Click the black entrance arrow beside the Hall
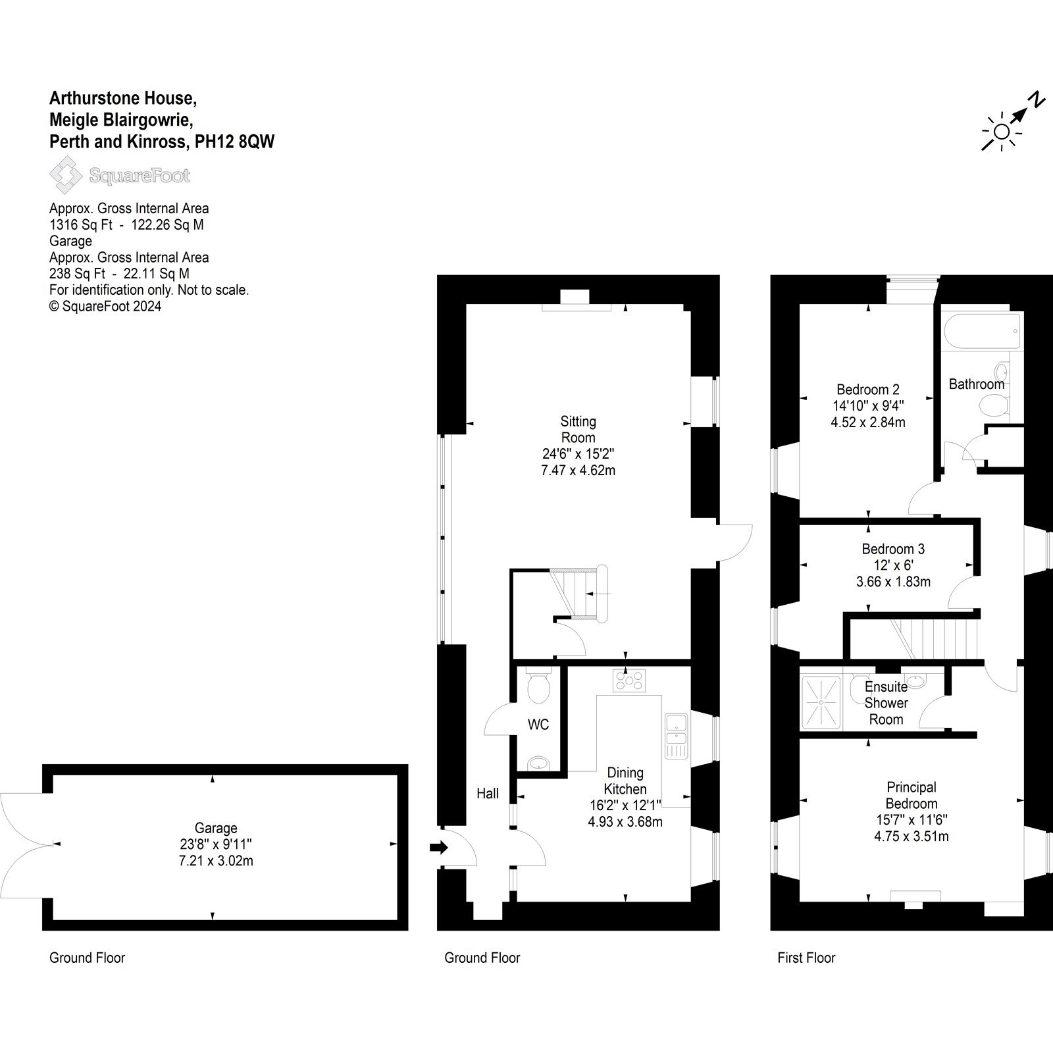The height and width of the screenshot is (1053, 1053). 438,848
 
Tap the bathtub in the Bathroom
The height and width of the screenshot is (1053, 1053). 981,331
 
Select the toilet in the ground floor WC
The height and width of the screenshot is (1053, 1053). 539,684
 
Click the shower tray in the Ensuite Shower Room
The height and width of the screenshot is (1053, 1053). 821,702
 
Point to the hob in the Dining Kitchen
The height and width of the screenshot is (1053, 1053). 630,681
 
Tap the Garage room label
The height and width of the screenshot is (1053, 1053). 216,828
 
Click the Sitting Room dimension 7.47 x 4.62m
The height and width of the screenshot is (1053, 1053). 578,470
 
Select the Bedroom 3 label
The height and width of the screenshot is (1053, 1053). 893,549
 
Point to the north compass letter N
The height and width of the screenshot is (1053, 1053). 1037,101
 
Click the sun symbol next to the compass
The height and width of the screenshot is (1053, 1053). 1002,132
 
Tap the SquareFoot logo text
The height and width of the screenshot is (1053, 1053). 140,176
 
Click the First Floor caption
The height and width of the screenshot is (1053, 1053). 806,958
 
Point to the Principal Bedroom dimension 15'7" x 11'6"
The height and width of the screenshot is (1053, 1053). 911,820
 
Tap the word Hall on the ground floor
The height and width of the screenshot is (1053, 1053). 488,794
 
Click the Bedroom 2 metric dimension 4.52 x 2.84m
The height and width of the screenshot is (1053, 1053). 868,423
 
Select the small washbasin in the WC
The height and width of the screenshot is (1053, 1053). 539,763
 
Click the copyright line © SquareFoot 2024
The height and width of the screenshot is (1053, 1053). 105,306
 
